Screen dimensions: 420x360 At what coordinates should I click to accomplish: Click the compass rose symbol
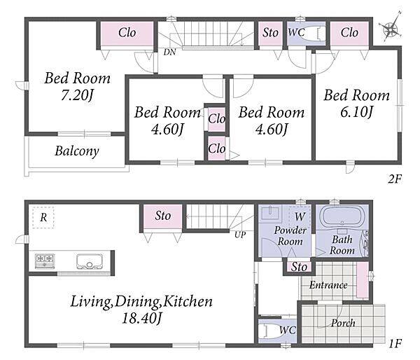tap(391, 27)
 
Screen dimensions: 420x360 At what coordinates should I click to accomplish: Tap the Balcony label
tap(77, 151)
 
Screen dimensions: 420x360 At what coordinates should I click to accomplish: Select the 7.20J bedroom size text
tap(77, 95)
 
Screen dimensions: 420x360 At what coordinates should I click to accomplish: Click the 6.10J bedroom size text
tap(356, 112)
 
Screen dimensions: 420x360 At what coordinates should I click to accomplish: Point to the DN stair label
tap(170, 52)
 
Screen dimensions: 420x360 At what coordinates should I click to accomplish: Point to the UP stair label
tap(240, 235)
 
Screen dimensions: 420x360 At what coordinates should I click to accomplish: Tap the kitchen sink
tap(90, 261)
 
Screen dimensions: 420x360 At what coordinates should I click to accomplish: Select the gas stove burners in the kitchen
tap(45, 261)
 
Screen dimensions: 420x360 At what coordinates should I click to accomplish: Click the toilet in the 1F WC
tap(268, 331)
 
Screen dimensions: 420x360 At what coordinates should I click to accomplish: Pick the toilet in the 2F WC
tap(311, 34)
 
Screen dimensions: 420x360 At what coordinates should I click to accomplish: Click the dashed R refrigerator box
tap(43, 217)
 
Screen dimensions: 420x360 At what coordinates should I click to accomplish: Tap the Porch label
tap(344, 323)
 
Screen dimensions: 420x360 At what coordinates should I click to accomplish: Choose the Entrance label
tap(328, 285)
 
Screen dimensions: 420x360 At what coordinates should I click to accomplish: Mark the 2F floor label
tap(395, 179)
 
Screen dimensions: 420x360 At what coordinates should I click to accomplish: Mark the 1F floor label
tap(395, 343)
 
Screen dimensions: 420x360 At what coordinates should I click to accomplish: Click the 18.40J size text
tap(142, 319)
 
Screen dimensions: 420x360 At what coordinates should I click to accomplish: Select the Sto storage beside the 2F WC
tap(270, 33)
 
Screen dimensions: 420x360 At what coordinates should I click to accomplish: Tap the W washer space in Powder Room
tap(300, 216)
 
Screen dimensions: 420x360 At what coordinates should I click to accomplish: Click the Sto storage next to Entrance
tap(299, 267)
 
